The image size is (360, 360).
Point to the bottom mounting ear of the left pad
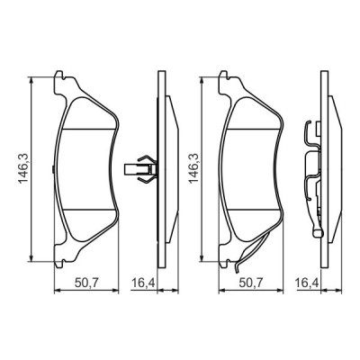coord(61,256)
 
